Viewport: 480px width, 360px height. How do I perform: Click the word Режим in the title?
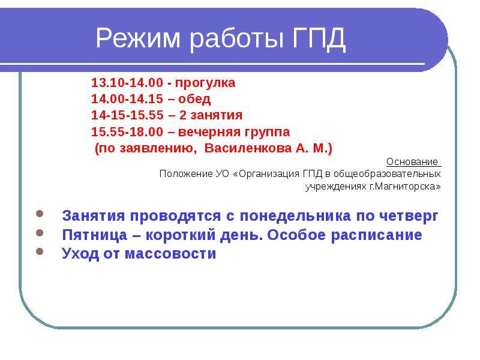point(138,38)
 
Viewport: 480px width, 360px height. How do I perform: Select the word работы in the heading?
point(236,38)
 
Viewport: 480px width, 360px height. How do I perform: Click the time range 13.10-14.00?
point(127,83)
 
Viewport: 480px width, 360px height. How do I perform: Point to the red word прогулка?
point(205,83)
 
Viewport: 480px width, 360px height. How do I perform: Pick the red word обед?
point(194,99)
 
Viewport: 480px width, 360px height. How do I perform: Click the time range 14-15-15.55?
point(127,115)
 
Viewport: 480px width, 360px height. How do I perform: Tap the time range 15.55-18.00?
point(127,132)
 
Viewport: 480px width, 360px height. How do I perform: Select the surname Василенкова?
point(248,148)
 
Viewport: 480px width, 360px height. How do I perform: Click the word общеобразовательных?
point(387,174)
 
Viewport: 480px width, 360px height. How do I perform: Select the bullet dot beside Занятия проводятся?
point(40,214)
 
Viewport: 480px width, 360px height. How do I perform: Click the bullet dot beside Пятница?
point(40,233)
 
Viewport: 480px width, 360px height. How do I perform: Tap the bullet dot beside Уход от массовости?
point(40,251)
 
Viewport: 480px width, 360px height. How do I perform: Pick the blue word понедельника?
point(295,216)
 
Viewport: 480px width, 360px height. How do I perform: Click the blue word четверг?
point(409,217)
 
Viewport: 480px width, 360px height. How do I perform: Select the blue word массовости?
point(170,254)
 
